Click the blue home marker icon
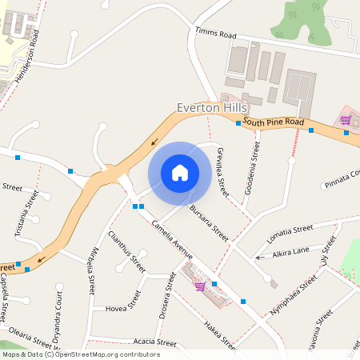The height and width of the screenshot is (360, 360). pyautogui.click(x=179, y=172)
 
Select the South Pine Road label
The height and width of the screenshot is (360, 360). pyautogui.click(x=274, y=122)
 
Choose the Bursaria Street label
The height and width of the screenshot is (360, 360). pyautogui.click(x=210, y=223)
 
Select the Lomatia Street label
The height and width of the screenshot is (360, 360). pyautogui.click(x=290, y=230)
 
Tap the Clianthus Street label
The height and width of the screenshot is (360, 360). pyautogui.click(x=126, y=252)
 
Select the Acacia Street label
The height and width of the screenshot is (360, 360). pyautogui.click(x=155, y=342)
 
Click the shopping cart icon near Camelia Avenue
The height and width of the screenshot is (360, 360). pyautogui.click(x=199, y=286)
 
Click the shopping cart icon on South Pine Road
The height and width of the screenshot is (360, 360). pyautogui.click(x=346, y=120)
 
